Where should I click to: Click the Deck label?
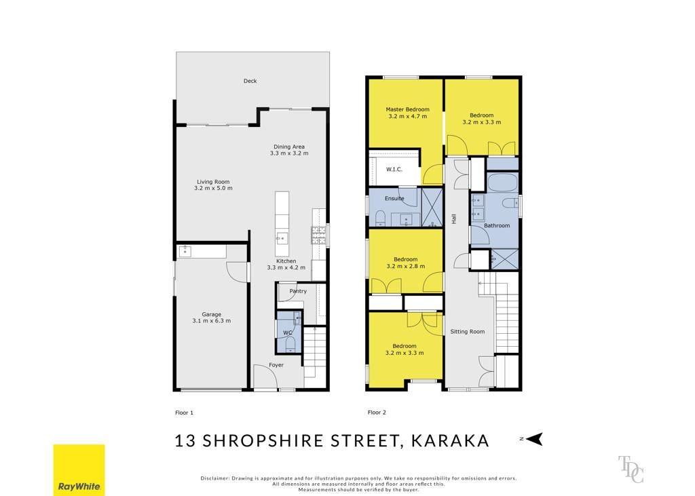(250, 81)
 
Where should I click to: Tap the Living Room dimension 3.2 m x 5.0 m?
(213, 188)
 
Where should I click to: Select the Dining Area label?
(289, 147)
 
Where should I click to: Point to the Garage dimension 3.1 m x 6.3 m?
(212, 321)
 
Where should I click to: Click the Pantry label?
(298, 291)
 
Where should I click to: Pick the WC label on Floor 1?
(288, 333)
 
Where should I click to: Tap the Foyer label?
(276, 365)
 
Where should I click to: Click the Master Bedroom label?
(407, 109)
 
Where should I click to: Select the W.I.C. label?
(394, 170)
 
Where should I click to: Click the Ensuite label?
(394, 199)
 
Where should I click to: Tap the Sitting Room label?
(467, 332)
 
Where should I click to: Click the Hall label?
(453, 218)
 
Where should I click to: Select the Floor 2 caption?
(377, 413)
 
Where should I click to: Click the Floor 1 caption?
(185, 413)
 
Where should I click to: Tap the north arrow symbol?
(535, 439)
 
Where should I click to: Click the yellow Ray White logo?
(79, 470)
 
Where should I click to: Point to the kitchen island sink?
(282, 238)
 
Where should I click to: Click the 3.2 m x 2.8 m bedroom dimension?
(406, 267)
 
